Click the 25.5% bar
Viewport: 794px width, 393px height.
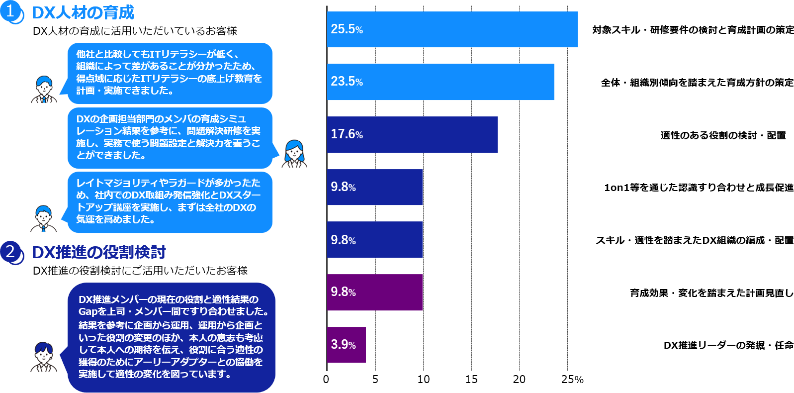click(452, 29)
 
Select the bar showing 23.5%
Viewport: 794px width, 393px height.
click(441, 82)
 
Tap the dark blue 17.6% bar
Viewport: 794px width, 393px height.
click(412, 134)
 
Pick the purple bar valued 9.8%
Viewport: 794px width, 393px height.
click(375, 292)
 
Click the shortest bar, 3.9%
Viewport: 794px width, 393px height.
click(347, 345)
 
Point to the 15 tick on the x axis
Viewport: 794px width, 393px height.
click(471, 379)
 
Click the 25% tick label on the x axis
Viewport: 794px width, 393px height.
click(572, 379)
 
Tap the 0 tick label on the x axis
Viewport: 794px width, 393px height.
click(326, 379)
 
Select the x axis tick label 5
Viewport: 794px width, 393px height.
click(375, 379)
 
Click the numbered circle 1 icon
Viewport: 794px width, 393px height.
click(11, 12)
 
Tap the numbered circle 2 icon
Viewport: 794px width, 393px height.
click(11, 252)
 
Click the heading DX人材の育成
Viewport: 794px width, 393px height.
click(83, 12)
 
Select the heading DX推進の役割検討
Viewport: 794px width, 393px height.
click(98, 252)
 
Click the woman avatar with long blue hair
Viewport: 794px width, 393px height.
click(294, 154)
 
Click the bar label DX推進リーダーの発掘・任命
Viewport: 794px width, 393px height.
click(728, 345)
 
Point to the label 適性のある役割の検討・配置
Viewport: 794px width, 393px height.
click(723, 135)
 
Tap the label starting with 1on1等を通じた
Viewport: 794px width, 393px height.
click(699, 188)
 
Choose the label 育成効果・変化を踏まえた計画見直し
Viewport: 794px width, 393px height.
click(711, 293)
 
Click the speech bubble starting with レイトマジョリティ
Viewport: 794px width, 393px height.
click(170, 201)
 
